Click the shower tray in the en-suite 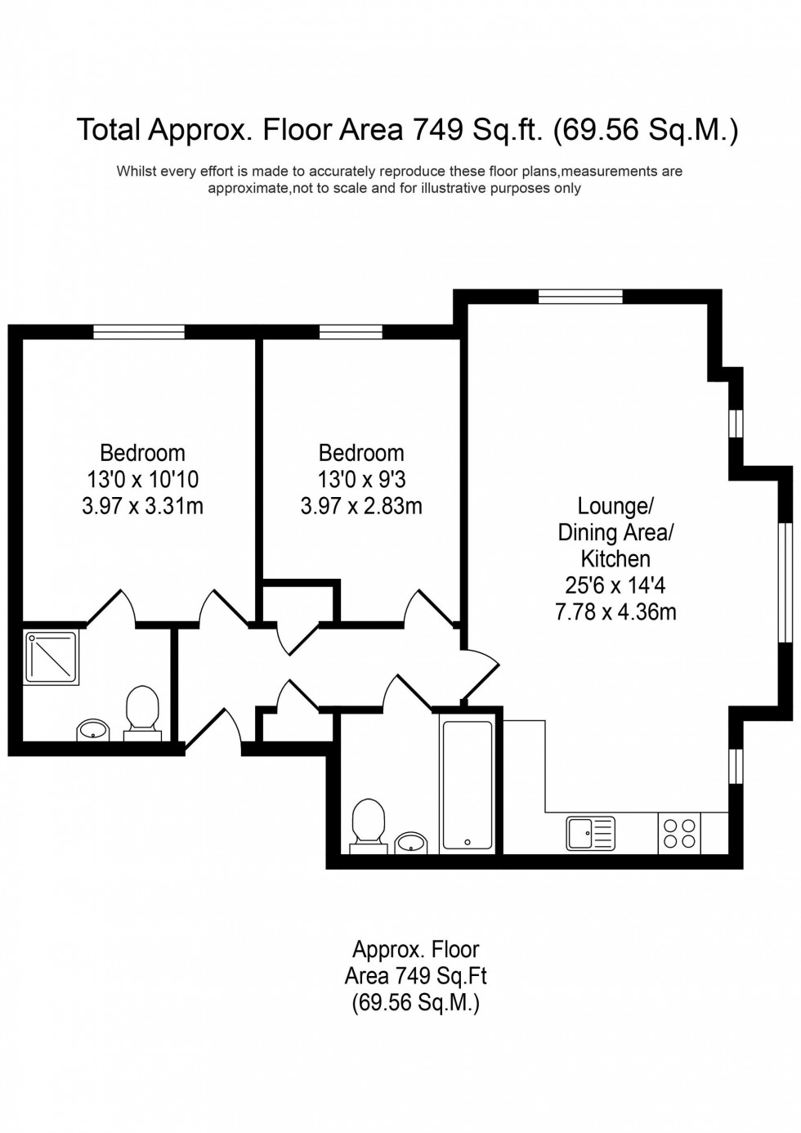[51, 656]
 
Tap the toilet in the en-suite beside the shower [142, 710]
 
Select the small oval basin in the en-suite [92, 729]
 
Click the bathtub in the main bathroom [467, 785]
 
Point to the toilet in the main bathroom [368, 824]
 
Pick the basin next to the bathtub [410, 842]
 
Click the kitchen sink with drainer [590, 833]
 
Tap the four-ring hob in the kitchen [679, 833]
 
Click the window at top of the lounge [580, 296]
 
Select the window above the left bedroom [138, 331]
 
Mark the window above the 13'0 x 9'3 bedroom [351, 331]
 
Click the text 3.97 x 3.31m [142, 506]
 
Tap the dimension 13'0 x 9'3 [361, 479]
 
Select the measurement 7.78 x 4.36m [615, 611]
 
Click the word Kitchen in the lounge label [615, 559]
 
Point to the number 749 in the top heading [439, 129]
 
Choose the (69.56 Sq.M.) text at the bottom [415, 1002]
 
